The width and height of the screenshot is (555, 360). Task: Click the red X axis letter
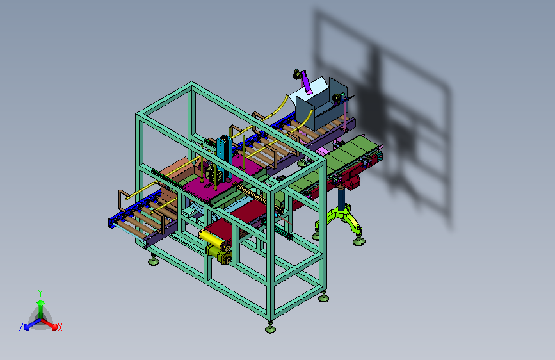point(60,327)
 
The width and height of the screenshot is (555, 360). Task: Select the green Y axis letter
point(40,293)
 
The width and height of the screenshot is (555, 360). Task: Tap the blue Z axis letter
point(21,327)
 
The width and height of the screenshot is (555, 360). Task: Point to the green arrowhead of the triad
point(41,302)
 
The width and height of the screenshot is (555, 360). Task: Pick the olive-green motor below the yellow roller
point(218,254)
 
